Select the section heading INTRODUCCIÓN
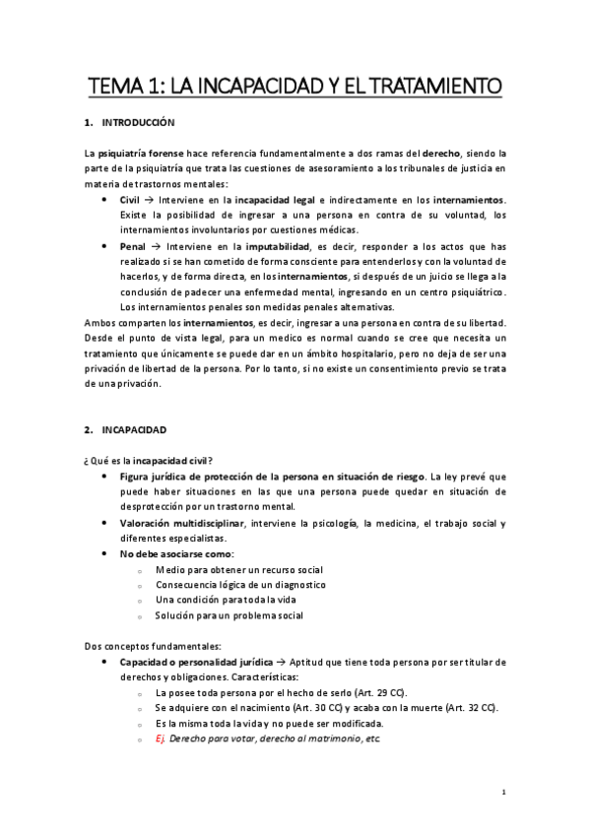click(x=138, y=123)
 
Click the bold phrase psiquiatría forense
click(x=138, y=155)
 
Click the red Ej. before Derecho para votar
click(x=160, y=739)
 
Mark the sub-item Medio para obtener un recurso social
click(x=238, y=569)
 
